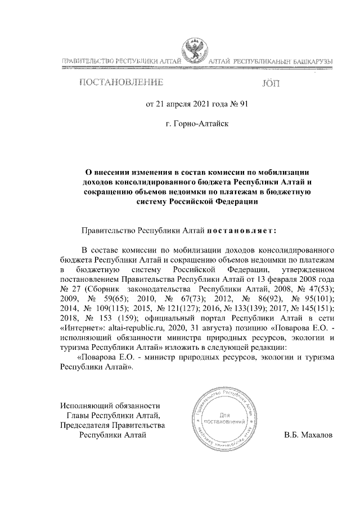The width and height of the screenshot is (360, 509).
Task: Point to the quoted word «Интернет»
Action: [80, 328]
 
